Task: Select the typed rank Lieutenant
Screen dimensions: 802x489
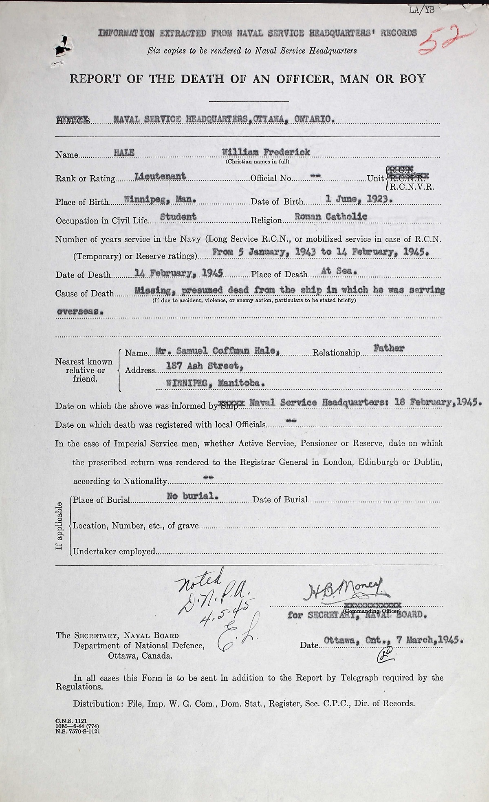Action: (160, 176)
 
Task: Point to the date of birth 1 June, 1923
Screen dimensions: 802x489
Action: (359, 199)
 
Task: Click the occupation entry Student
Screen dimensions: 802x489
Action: (178, 217)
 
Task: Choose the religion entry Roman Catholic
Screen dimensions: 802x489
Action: (330, 217)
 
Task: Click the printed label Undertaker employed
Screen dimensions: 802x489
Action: (115, 552)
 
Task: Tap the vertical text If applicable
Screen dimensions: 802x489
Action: (59, 526)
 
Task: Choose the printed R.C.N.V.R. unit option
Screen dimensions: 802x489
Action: (412, 187)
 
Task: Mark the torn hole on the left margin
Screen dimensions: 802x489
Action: (62, 46)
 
